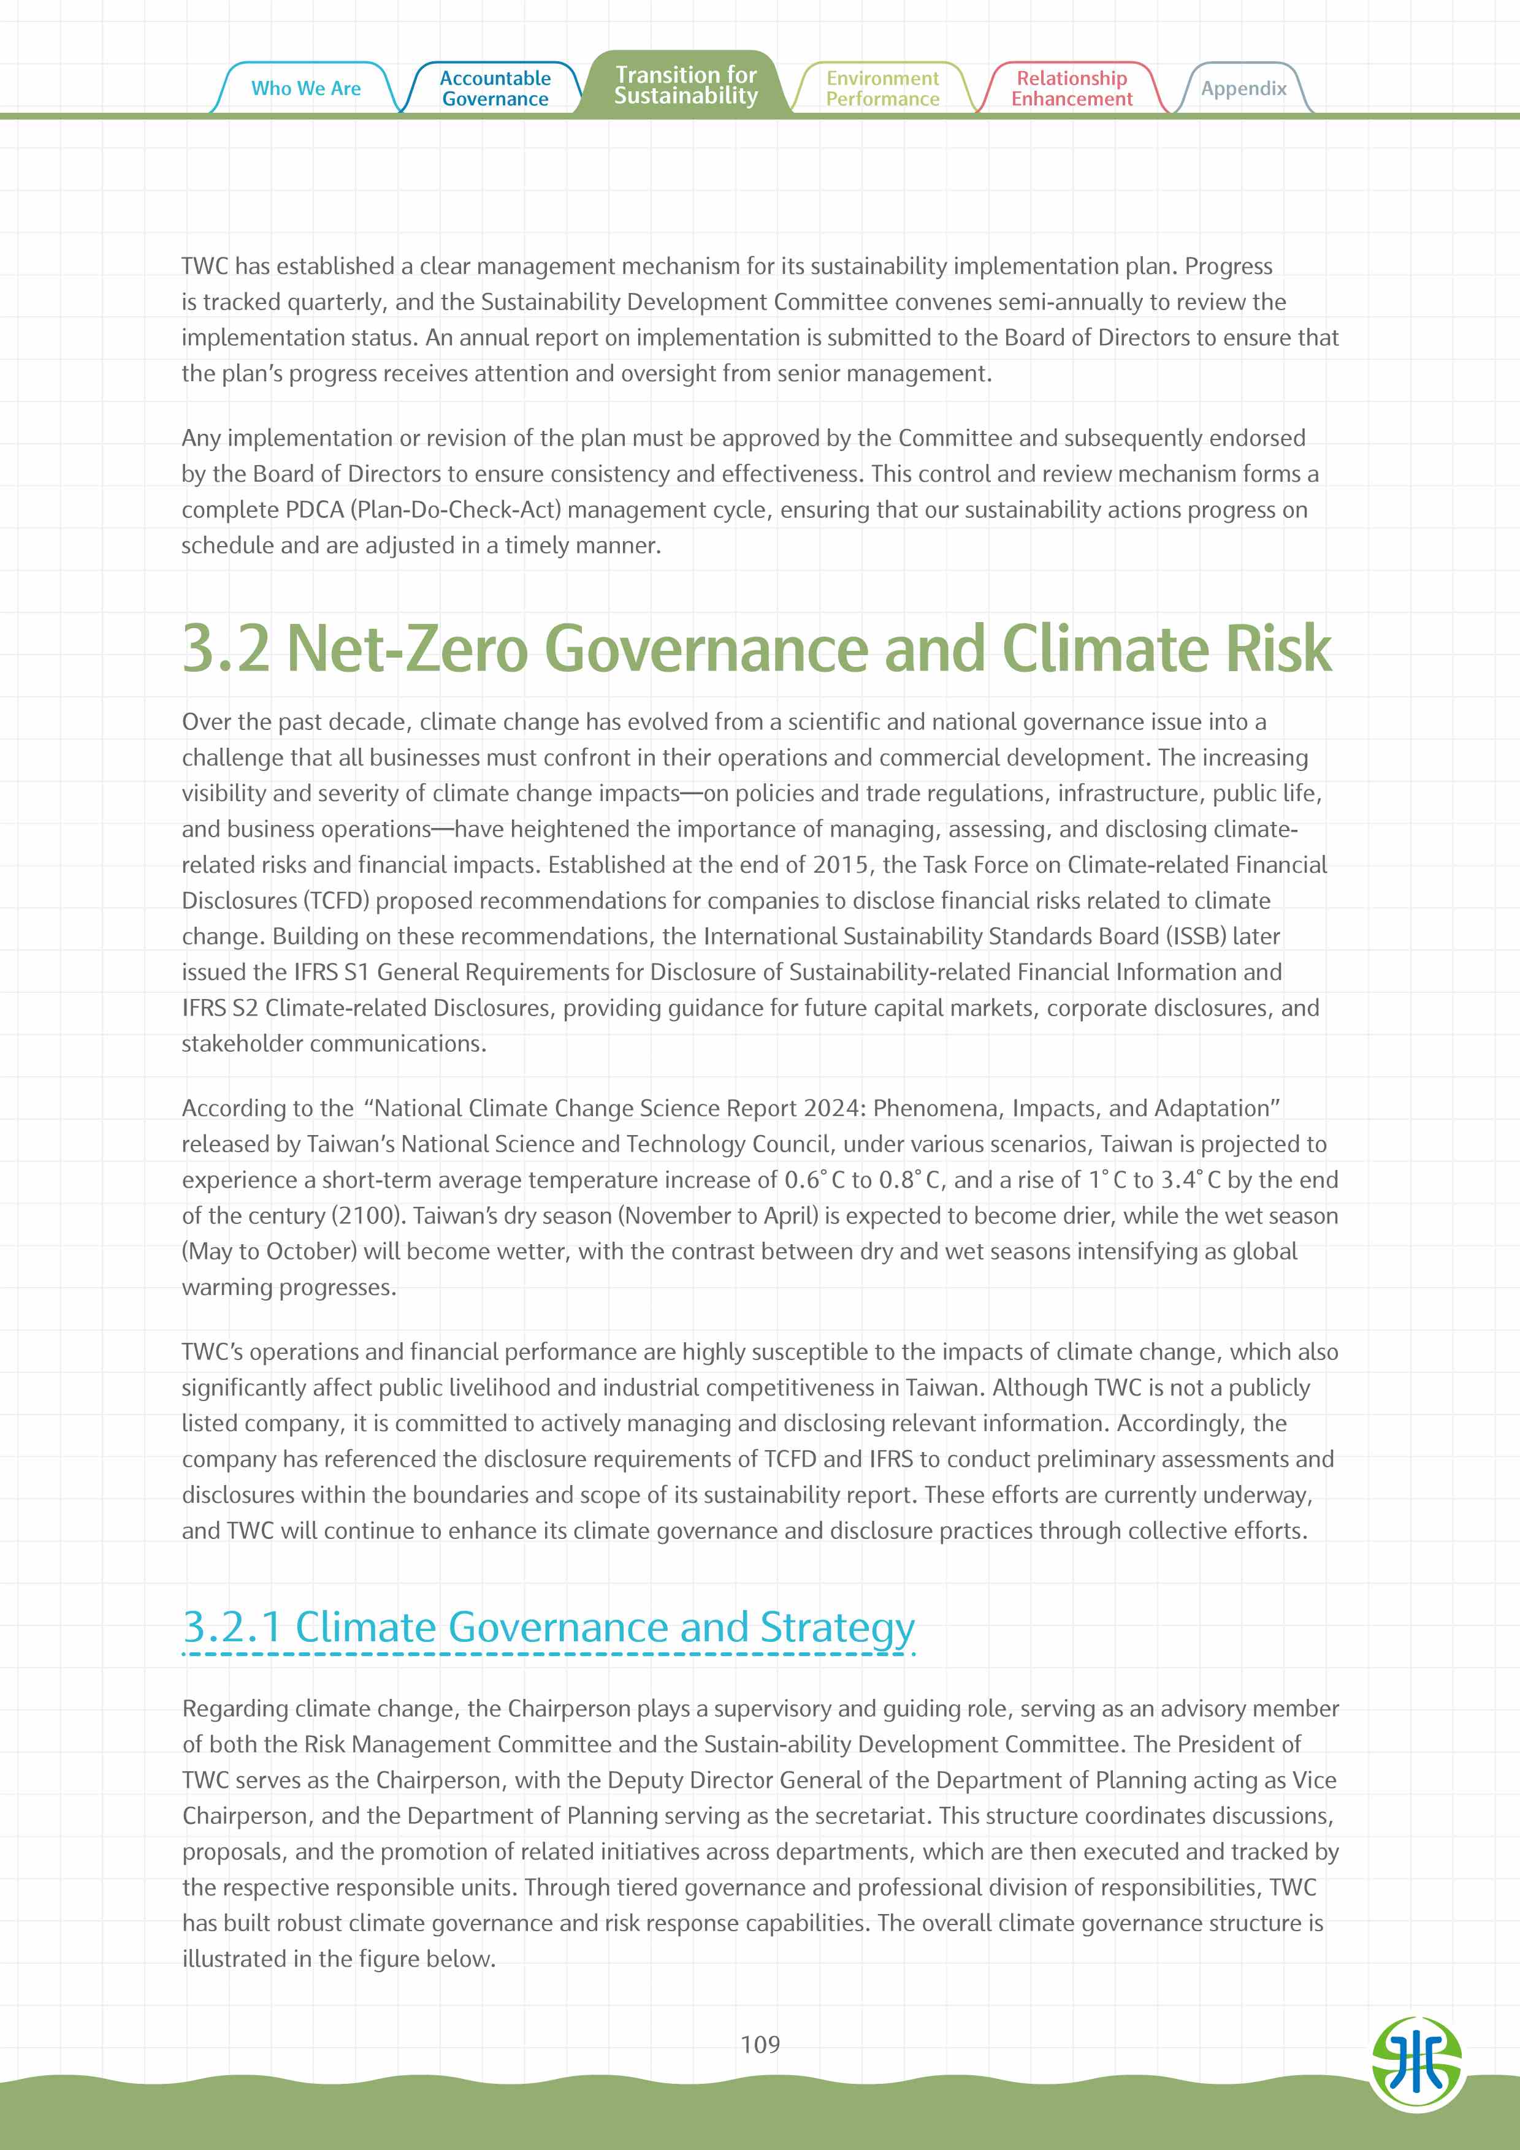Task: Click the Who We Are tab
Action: click(305, 88)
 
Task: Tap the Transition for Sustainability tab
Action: click(686, 85)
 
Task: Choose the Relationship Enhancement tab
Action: click(1071, 88)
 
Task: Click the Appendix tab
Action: click(1243, 88)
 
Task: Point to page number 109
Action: click(760, 2043)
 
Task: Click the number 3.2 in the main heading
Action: click(225, 648)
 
